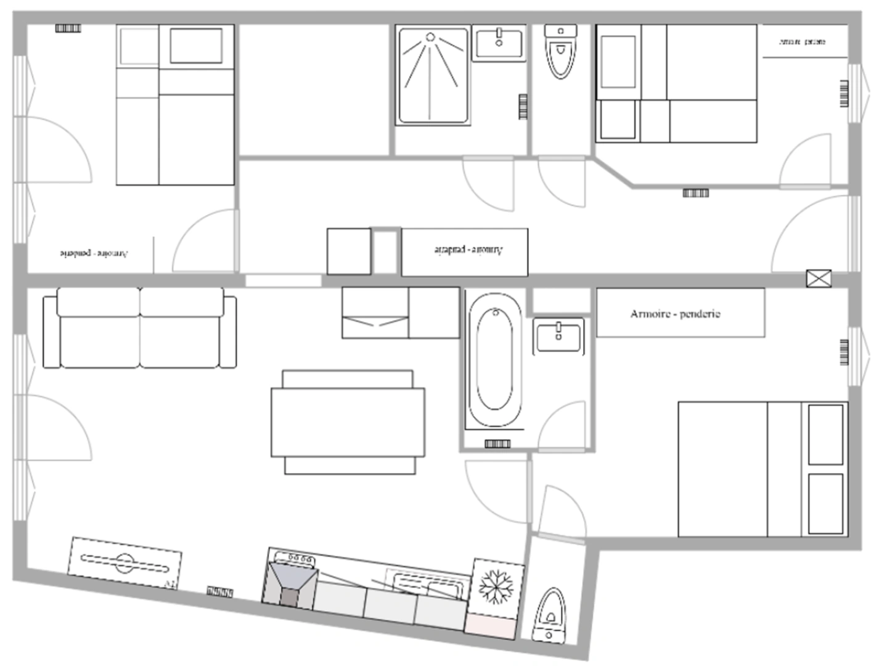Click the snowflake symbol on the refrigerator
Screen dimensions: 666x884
pos(496,586)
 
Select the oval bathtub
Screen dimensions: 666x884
pos(494,360)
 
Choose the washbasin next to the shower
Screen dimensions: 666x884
pos(499,43)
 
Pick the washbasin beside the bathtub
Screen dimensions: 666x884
pos(559,336)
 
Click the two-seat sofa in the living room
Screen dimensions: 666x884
pos(140,328)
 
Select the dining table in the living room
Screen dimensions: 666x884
pos(348,422)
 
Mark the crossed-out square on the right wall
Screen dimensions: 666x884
pos(819,279)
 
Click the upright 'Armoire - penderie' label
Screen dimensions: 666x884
pos(675,314)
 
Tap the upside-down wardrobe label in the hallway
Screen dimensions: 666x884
pos(468,250)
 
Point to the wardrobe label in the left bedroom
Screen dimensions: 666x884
pos(94,253)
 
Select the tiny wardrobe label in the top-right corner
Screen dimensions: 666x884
pos(802,42)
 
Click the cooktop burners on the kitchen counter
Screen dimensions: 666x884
pos(295,558)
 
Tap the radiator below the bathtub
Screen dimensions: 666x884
pos(497,443)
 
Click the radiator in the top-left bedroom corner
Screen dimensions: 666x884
pos(68,28)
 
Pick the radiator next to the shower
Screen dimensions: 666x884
pos(523,107)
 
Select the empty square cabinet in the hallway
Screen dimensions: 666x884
pos(349,251)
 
